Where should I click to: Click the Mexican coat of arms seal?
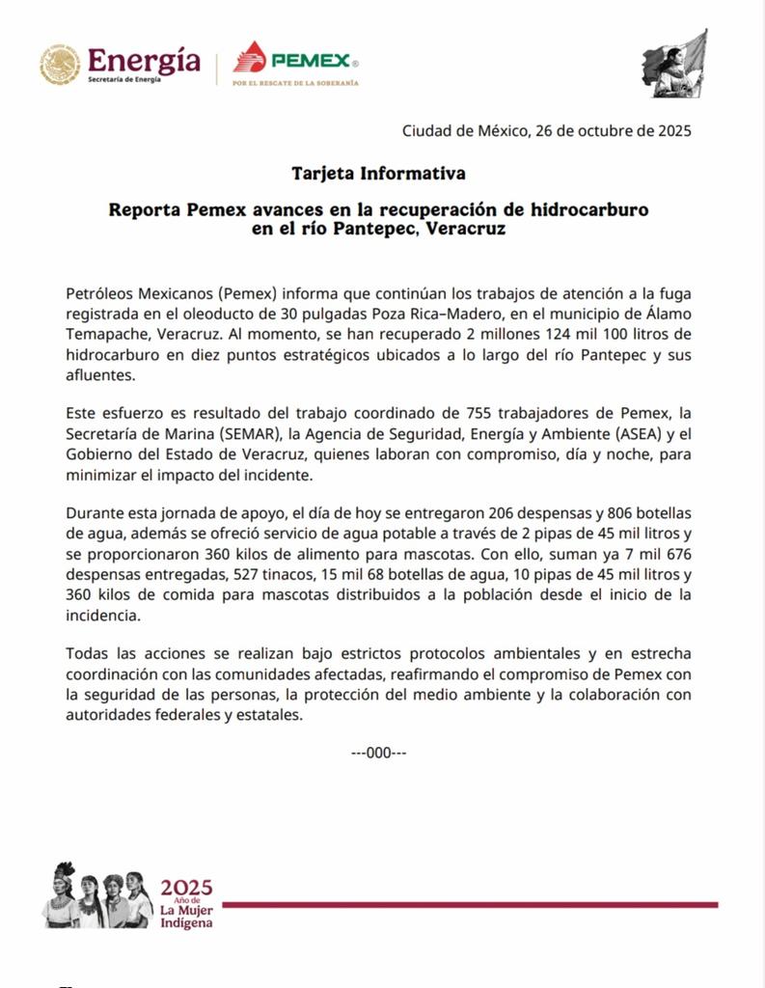[60, 64]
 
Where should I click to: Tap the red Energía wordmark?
[144, 60]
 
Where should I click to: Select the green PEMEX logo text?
[310, 60]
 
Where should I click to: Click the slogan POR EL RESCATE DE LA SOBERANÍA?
[295, 84]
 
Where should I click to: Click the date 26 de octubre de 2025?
[612, 131]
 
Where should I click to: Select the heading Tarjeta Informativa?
[379, 174]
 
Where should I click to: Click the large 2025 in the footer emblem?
[186, 888]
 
